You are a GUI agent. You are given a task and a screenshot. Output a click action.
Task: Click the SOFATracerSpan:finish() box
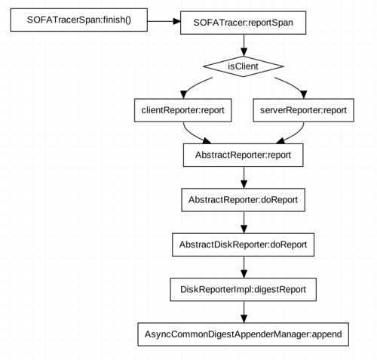point(78,20)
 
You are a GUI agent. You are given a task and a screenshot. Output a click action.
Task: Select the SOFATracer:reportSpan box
point(243,23)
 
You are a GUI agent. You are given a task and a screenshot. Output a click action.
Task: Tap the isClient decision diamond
point(243,66)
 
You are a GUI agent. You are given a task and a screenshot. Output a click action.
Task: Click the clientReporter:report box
point(183,109)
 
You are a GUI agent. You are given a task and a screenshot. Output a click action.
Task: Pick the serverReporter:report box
point(302,109)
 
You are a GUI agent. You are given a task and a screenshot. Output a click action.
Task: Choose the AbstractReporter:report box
point(243,155)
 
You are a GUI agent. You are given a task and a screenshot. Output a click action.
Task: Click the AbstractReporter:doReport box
point(243,200)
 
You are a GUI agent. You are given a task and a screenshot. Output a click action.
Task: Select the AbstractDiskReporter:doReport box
point(243,245)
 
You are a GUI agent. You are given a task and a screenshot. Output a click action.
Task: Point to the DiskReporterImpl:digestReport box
point(243,289)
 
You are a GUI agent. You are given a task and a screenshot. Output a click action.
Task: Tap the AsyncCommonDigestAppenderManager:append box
point(243,334)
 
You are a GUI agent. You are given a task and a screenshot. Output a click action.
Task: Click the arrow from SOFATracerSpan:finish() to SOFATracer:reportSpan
point(164,21)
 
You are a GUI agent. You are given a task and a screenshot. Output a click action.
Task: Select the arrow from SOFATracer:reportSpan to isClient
point(243,45)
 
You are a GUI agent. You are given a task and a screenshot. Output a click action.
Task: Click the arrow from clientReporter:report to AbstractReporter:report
point(199,135)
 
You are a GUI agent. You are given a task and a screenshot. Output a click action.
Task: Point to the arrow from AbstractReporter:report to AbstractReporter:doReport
point(243,177)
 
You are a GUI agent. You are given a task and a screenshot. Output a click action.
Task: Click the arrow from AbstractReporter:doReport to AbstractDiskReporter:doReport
point(243,222)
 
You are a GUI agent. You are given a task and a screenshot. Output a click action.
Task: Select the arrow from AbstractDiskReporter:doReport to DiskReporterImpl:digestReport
point(243,266)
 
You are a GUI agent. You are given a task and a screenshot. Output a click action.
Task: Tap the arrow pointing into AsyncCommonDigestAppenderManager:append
point(243,311)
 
